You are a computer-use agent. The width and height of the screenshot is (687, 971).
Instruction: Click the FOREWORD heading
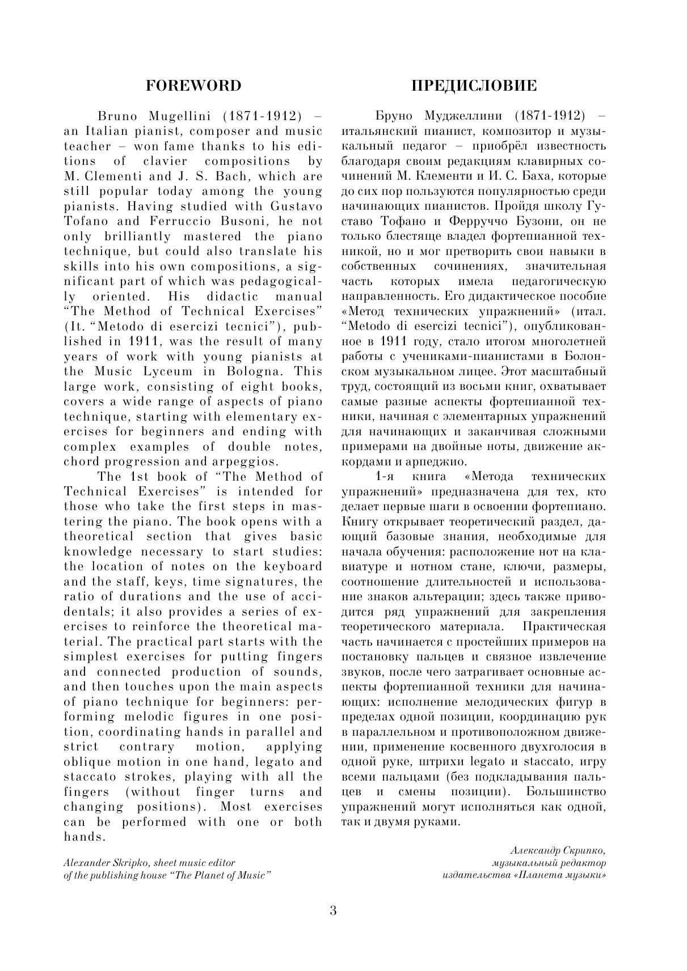[x=193, y=86]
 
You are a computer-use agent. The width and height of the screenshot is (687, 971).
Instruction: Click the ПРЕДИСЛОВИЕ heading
[x=474, y=86]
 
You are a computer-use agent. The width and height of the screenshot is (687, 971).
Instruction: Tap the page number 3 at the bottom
[x=333, y=911]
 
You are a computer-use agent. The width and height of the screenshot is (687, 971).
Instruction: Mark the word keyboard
[x=293, y=566]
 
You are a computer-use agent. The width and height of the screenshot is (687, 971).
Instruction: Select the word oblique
[x=90, y=762]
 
